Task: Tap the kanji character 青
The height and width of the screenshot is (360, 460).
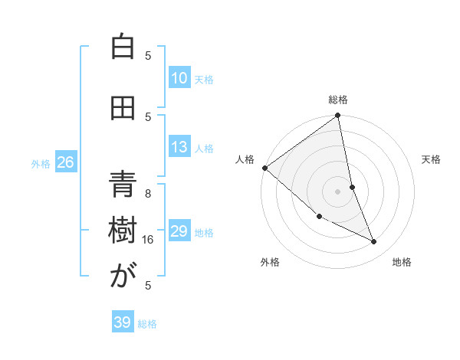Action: point(122,185)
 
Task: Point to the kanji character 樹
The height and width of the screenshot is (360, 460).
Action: point(122,231)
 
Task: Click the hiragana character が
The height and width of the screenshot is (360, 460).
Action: point(122,277)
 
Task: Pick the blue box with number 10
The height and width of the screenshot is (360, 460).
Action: point(179,78)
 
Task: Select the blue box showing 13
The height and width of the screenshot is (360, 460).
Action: point(179,147)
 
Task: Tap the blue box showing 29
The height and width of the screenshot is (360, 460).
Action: point(179,231)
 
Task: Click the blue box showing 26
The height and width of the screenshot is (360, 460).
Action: point(65,162)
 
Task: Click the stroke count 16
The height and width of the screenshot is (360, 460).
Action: point(149,240)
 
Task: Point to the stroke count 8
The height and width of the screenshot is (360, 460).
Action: point(148,194)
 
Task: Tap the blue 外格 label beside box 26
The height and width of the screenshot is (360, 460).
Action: point(41,163)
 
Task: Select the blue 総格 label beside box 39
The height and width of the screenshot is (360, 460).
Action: point(147,324)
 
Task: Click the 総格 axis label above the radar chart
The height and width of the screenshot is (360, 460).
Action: point(338,100)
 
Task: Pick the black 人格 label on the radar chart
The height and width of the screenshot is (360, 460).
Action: point(245,159)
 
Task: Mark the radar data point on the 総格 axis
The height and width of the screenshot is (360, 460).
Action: point(337,116)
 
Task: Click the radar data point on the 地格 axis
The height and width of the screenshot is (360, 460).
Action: point(374,242)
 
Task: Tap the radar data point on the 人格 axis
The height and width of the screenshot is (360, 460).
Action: point(264,168)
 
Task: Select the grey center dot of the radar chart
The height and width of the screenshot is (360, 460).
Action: point(337,191)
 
